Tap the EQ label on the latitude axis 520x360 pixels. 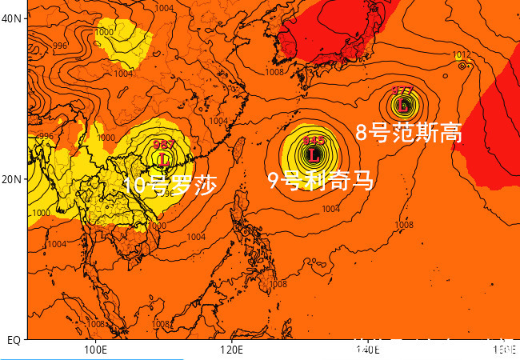point(14,340)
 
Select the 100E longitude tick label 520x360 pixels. point(94,350)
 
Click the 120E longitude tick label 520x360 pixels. point(230,350)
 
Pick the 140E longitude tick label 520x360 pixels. point(366,350)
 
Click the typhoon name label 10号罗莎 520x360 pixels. point(170,186)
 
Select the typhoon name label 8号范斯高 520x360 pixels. point(409,133)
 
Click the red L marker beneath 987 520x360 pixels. point(164,159)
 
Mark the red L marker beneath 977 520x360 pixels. point(404,105)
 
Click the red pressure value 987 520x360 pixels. point(164,145)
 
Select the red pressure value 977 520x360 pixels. point(403,90)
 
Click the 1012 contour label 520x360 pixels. point(462,55)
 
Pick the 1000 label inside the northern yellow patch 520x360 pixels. point(104,32)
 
